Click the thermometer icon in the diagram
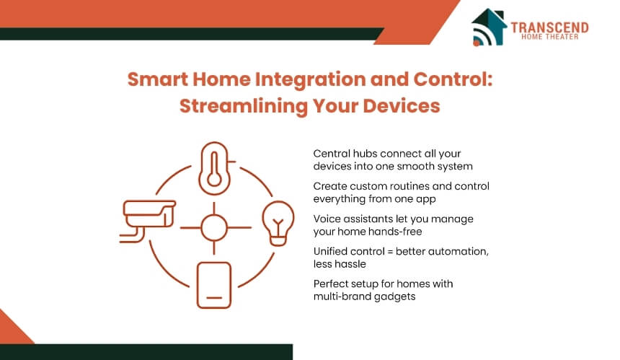(x=214, y=168)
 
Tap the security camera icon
(x=148, y=220)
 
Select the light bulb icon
(x=278, y=223)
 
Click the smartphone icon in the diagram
(x=214, y=285)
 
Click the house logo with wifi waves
(x=489, y=27)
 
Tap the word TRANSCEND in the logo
(x=549, y=27)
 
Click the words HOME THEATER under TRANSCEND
(x=549, y=37)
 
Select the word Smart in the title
(x=157, y=79)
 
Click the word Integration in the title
(x=309, y=80)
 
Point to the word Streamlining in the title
(x=243, y=106)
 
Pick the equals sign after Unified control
(x=390, y=252)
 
